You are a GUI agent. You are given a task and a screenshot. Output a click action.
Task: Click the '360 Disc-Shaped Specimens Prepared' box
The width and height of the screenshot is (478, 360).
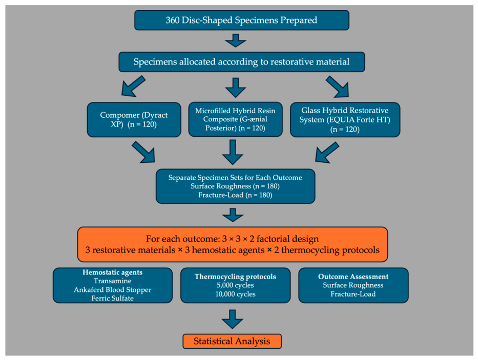[x=242, y=20]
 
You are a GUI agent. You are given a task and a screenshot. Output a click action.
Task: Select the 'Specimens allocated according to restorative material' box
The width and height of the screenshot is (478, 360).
[x=242, y=62]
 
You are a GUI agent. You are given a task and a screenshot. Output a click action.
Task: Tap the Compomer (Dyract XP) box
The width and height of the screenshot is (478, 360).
[x=134, y=119]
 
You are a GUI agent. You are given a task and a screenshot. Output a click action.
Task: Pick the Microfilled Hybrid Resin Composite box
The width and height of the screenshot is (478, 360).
[x=235, y=119]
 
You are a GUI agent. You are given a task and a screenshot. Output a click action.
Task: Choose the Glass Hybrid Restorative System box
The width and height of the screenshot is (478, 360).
[x=345, y=119]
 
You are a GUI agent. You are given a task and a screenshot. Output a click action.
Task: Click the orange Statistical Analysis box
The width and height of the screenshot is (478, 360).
[x=232, y=341]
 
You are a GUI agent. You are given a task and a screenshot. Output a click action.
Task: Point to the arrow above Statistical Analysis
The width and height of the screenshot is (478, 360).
[x=232, y=319]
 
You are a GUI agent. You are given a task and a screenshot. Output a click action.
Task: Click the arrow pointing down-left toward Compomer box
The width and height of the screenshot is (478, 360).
[x=133, y=86]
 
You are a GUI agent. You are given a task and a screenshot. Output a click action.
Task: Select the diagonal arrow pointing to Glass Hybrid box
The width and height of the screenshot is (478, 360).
[x=338, y=87]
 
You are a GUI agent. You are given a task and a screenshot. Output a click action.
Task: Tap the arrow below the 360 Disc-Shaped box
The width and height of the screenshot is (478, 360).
[x=235, y=40]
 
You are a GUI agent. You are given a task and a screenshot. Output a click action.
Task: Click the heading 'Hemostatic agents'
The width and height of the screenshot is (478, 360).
[x=113, y=272]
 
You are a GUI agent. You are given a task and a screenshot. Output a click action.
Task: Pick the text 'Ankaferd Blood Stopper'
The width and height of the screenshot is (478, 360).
[x=113, y=289]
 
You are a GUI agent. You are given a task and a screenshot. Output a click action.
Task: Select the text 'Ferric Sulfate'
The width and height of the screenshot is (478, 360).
[x=113, y=298]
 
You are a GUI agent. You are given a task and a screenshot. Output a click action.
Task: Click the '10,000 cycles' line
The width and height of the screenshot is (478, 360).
[x=235, y=294]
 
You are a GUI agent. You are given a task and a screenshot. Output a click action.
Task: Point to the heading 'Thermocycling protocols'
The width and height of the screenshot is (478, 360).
[x=235, y=277]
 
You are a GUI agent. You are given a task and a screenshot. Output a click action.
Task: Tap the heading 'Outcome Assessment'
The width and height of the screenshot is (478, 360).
[x=354, y=277]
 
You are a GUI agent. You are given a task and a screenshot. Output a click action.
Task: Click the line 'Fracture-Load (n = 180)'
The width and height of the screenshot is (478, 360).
[x=235, y=195]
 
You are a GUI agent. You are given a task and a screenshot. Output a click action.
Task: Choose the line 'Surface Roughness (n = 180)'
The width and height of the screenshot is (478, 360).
[x=235, y=186]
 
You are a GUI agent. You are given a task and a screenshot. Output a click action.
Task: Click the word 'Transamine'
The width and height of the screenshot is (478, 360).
[x=113, y=281]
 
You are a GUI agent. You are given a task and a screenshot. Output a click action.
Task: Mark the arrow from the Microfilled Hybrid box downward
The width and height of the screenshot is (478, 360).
[x=233, y=152]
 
